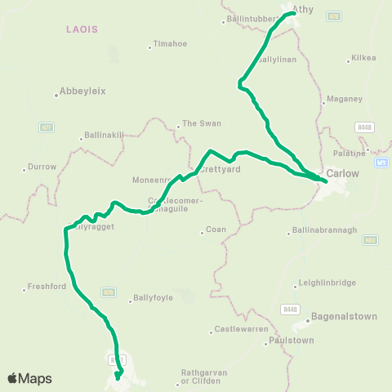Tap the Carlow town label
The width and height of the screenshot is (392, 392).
click(342, 173)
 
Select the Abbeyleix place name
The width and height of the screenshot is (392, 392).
click(83, 91)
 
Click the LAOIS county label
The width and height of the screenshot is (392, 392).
click(82, 29)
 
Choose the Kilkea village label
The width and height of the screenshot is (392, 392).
click(363, 58)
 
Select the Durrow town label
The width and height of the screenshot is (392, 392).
click(42, 167)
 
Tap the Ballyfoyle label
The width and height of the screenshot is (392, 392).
click(153, 298)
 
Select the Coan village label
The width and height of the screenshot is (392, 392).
click(216, 230)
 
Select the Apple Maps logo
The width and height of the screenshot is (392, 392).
click(29, 378)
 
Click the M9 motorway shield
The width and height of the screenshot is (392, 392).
click(382, 163)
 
